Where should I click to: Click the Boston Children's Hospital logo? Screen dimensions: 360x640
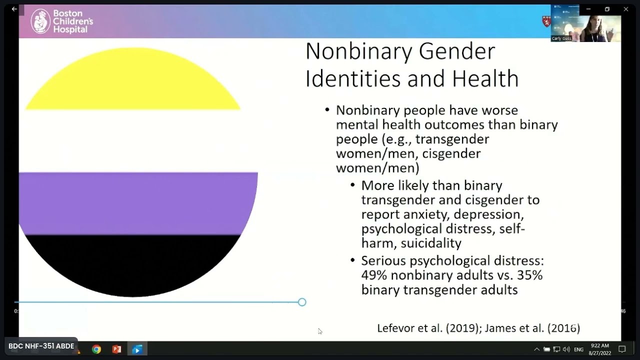(62, 21)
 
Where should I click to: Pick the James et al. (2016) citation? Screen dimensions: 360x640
(532, 328)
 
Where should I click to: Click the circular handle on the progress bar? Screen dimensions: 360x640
(302, 302)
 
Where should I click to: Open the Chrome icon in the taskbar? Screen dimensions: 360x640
(96, 349)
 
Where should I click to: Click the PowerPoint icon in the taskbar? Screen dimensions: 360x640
(116, 349)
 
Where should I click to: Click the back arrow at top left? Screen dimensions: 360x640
(14, 9)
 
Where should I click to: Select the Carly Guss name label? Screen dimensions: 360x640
(561, 38)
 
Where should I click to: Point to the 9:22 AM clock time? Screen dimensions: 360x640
(599, 345)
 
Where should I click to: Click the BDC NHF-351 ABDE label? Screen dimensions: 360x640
(41, 346)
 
